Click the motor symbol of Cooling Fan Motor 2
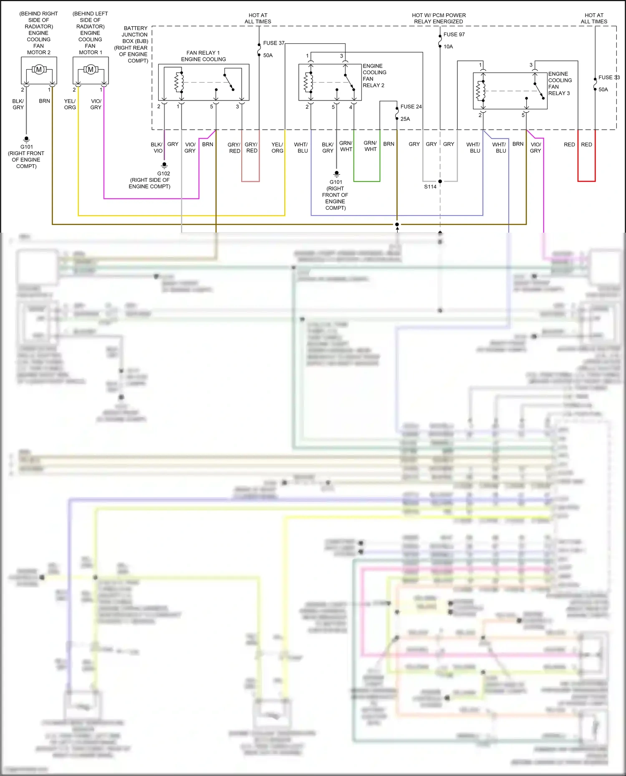[x=39, y=70]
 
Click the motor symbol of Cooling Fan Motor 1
[x=91, y=70]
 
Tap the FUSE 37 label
[x=273, y=43]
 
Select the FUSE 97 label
[x=454, y=35]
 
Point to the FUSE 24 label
[x=411, y=107]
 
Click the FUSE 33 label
[x=608, y=78]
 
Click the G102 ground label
[x=164, y=173]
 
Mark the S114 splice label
[x=430, y=186]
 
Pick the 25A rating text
[x=405, y=119]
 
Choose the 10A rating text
[x=448, y=47]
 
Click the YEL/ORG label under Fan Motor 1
[x=70, y=104]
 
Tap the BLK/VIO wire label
[x=157, y=148]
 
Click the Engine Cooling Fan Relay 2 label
[x=374, y=75]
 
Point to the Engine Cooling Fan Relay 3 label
[x=559, y=83]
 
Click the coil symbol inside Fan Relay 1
[x=179, y=82]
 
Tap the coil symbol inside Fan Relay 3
[x=481, y=90]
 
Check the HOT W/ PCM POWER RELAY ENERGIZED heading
[x=439, y=18]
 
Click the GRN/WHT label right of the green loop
[x=370, y=146]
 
